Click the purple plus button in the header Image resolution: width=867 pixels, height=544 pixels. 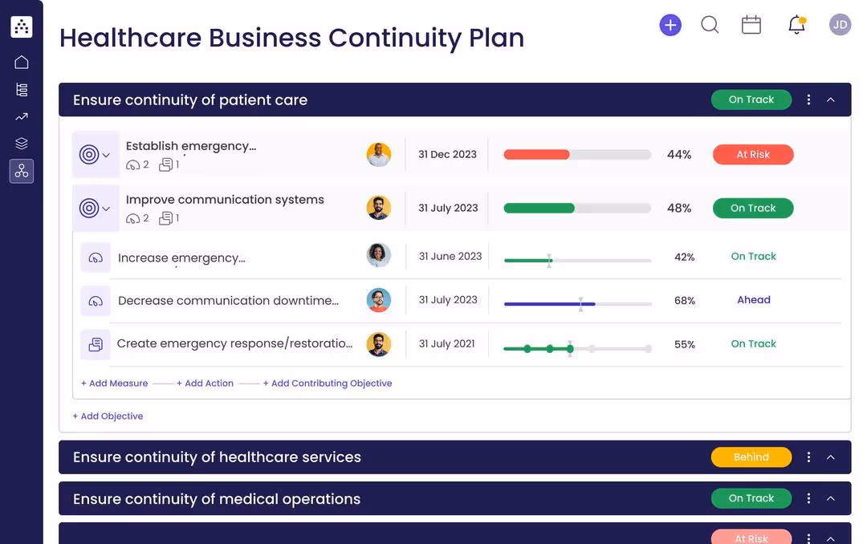(670, 25)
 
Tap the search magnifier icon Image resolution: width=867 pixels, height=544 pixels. (710, 25)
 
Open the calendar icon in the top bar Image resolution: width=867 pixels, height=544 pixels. (751, 25)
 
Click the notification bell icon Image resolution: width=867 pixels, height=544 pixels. (796, 25)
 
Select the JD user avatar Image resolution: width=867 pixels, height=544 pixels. (840, 25)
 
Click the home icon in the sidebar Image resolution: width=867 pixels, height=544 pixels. (22, 62)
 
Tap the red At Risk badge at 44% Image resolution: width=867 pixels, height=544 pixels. (753, 155)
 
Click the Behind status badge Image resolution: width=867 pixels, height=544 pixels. (751, 457)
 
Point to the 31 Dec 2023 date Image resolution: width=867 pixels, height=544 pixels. (447, 154)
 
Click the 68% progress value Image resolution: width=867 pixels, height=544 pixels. (685, 301)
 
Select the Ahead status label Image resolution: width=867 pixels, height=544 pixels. (754, 300)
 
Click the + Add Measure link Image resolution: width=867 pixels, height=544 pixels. (115, 384)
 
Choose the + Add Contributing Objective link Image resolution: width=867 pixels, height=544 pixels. (328, 384)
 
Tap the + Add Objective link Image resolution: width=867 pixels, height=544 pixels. (108, 416)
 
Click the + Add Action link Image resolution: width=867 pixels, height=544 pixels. (205, 384)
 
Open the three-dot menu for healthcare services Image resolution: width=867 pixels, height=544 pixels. (808, 457)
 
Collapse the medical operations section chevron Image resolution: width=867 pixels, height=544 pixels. (831, 498)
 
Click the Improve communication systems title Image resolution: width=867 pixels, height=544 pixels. (225, 200)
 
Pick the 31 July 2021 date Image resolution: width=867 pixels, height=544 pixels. (447, 343)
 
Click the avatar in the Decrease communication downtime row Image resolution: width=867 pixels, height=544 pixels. (379, 300)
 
